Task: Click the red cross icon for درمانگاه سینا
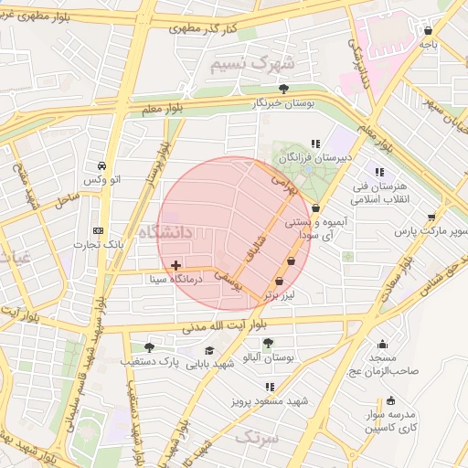tap(175, 265)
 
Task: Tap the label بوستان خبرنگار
tap(283, 104)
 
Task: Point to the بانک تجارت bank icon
tap(99, 230)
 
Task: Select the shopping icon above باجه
tap(428, 30)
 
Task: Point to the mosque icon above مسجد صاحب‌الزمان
tap(382, 345)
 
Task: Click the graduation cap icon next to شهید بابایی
tap(209, 350)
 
